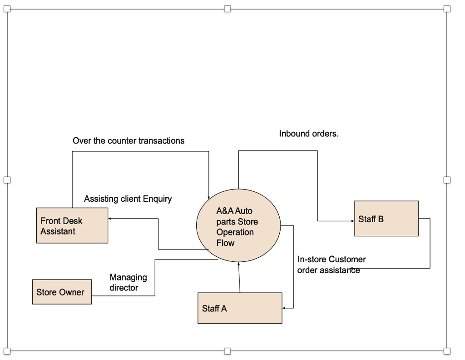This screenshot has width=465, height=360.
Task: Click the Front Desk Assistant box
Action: tap(72, 225)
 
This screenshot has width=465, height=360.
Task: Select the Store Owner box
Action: tap(62, 292)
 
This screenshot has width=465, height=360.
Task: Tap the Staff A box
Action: tap(240, 308)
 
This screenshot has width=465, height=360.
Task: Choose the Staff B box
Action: tap(386, 219)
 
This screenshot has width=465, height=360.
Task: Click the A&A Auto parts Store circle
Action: tap(238, 226)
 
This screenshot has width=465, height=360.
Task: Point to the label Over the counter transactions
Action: tap(129, 140)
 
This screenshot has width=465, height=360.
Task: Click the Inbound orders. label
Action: tap(309, 134)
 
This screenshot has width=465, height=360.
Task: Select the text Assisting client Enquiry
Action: tap(128, 199)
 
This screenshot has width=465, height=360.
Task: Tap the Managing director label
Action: tap(128, 282)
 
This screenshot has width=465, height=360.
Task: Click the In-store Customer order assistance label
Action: tap(331, 265)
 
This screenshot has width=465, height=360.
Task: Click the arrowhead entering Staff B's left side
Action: tap(352, 221)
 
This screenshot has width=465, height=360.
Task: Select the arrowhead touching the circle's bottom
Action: tap(238, 265)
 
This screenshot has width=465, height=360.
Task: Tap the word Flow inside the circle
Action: tap(225, 243)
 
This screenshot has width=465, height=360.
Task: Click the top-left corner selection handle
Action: tap(7, 9)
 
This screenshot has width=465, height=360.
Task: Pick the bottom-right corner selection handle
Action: tap(447, 350)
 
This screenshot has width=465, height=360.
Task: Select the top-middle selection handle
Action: tap(227, 9)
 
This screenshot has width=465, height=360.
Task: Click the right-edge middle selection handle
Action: tap(447, 180)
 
